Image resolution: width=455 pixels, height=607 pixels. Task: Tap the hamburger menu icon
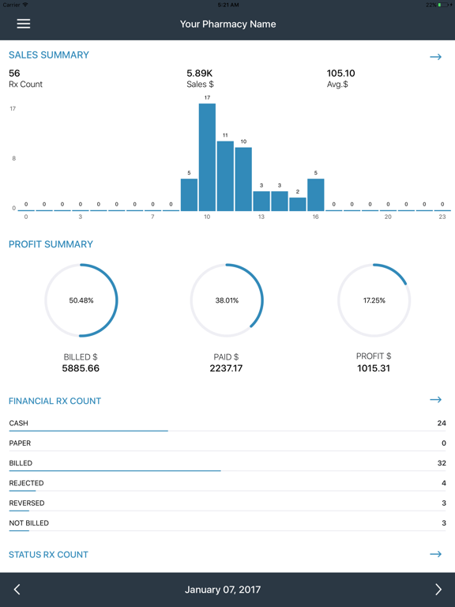[24, 24]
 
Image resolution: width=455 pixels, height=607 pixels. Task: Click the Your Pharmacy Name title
[227, 24]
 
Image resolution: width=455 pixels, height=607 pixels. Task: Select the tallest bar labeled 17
[207, 156]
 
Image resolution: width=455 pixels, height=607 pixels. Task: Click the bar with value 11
[225, 175]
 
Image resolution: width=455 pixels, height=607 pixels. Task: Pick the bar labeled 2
[297, 204]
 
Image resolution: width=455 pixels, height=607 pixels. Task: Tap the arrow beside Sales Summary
[435, 57]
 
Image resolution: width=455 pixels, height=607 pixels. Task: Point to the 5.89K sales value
[201, 74]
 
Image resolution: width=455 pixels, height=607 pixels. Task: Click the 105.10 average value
[340, 74]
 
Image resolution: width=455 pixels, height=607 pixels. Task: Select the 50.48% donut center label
[81, 300]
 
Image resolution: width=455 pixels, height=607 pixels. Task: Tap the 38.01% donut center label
[227, 300]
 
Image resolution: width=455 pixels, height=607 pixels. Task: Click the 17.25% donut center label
[374, 300]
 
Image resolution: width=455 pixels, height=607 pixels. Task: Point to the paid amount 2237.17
[227, 368]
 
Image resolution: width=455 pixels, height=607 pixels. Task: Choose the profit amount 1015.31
[374, 368]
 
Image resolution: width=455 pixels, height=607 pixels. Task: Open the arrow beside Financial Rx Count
[435, 400]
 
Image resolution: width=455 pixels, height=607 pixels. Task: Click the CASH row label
[19, 424]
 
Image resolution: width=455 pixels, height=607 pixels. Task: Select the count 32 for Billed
[442, 463]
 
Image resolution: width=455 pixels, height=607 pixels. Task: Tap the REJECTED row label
[27, 483]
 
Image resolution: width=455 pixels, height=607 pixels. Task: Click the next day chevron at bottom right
[438, 590]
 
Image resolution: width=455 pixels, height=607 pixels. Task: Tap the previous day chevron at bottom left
[17, 590]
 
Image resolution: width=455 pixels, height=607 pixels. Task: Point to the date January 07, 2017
[223, 590]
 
